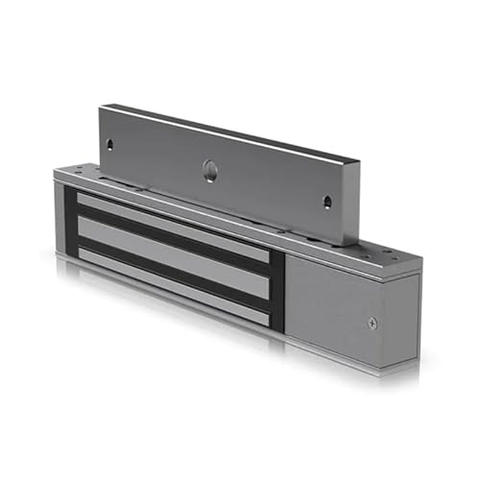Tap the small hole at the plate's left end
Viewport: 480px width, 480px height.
click(x=109, y=146)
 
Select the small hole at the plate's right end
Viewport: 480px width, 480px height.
click(x=326, y=202)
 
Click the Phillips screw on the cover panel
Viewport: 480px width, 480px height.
click(x=372, y=323)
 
